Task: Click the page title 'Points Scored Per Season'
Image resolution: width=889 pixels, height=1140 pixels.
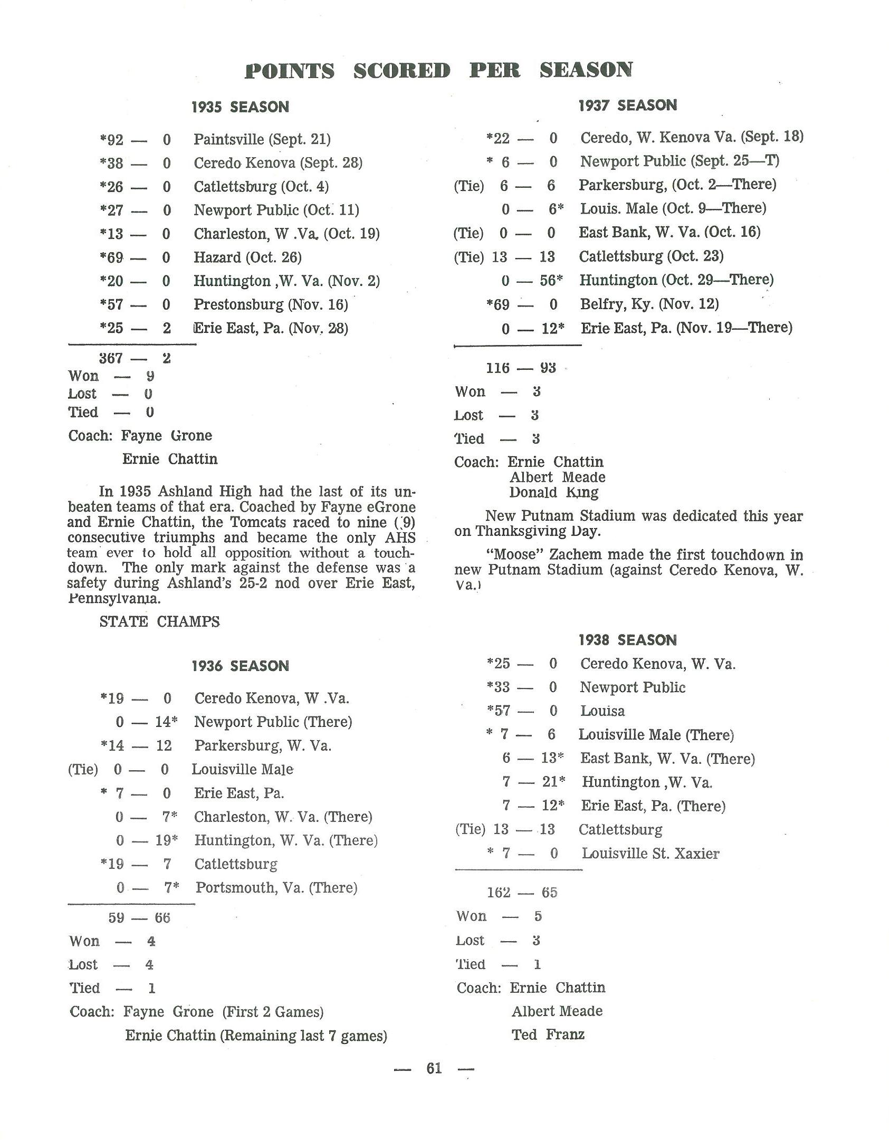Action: [438, 70]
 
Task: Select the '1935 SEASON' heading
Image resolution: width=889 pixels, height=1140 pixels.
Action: [240, 107]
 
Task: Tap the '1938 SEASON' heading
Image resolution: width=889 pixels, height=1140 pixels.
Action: [627, 640]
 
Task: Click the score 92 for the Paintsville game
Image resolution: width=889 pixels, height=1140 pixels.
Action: [115, 140]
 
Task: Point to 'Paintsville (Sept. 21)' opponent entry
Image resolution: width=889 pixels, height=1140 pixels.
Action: [262, 139]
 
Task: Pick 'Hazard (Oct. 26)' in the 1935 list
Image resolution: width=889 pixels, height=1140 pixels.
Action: [247, 257]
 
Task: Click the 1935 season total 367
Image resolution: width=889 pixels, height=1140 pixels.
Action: [111, 359]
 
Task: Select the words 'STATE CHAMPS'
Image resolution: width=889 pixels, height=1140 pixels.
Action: [159, 621]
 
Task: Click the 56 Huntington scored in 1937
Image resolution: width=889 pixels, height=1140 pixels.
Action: [548, 280]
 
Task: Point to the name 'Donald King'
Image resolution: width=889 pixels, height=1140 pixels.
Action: [554, 493]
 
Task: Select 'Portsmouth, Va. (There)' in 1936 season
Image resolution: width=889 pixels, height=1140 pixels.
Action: [276, 887]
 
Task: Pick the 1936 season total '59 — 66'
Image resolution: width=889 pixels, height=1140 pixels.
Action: [139, 918]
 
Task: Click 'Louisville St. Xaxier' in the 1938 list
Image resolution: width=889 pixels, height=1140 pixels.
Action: [650, 854]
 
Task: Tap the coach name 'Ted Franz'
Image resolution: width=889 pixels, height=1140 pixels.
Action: [548, 1034]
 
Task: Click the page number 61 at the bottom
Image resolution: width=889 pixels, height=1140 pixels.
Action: [434, 1068]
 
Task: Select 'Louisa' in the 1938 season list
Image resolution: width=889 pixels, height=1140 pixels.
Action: [603, 711]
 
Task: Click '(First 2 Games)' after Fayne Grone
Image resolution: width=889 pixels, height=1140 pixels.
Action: [272, 1012]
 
